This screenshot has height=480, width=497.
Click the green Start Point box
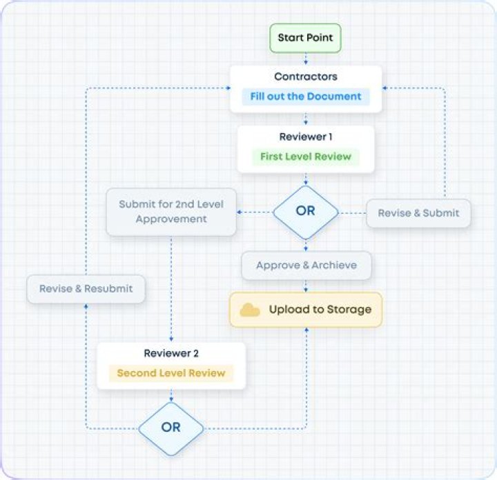(305, 38)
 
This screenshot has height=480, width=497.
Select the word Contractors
(305, 77)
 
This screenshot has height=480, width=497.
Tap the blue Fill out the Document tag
(305, 97)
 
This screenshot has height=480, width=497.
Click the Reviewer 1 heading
(305, 137)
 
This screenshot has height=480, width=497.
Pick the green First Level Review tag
(305, 157)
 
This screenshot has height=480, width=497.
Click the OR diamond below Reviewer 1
(305, 212)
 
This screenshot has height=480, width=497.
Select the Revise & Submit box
(418, 213)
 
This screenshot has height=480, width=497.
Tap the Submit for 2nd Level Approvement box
(171, 212)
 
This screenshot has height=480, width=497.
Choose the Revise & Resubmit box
(86, 288)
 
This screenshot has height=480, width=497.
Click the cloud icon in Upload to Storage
(250, 310)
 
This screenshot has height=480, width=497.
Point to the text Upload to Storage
(320, 310)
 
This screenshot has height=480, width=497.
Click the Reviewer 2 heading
(171, 353)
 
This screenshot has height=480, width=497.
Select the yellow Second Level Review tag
(171, 373)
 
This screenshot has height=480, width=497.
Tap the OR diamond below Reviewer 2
(171, 428)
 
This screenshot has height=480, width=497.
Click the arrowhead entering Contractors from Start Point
(305, 63)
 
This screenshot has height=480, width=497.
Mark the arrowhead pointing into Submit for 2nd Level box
(239, 212)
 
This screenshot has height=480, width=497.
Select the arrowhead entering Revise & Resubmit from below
(86, 306)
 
